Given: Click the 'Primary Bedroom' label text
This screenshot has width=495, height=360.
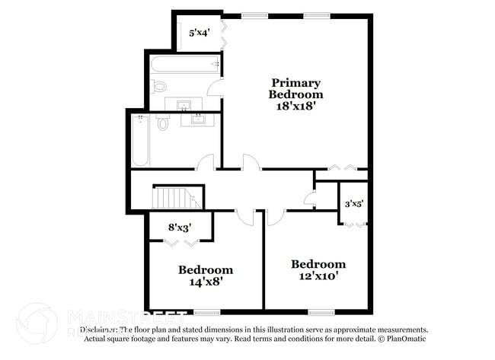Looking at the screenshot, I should (x=295, y=88).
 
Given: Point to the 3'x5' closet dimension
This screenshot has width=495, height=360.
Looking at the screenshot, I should (x=354, y=204).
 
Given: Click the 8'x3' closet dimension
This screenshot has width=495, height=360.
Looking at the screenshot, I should (x=180, y=226).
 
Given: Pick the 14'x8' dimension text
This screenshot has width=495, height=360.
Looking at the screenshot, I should (x=206, y=281).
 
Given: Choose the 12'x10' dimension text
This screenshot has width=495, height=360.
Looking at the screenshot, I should (x=318, y=276).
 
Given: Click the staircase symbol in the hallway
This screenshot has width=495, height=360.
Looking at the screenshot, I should (x=177, y=198).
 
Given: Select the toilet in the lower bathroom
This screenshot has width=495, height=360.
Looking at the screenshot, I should (x=163, y=122).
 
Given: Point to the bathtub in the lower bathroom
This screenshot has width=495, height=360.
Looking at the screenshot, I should (x=140, y=141).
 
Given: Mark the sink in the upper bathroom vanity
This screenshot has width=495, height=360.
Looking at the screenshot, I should (x=185, y=104).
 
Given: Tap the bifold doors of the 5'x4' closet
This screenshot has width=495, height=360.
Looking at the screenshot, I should (x=222, y=33).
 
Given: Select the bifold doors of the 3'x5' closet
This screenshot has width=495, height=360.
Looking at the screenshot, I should (x=354, y=225).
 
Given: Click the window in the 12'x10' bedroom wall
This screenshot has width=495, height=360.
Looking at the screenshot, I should (x=321, y=311).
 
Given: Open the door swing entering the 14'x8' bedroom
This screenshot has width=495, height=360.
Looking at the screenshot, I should (x=245, y=216).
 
